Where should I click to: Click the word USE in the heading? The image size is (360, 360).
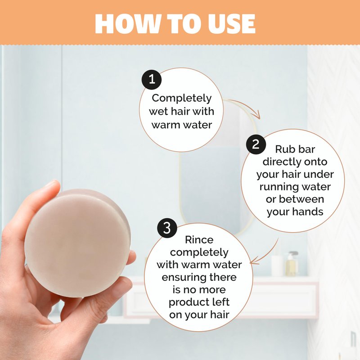[231, 24]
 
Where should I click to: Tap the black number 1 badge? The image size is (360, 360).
[152, 80]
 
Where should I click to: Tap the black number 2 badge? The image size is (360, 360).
[256, 144]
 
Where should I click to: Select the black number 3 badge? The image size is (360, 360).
[167, 228]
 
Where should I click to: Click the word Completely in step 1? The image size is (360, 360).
[181, 98]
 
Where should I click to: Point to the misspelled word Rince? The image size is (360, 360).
[199, 240]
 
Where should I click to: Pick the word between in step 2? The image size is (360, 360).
[301, 199]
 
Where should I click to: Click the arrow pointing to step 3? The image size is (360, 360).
[266, 253]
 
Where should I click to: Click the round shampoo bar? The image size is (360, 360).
[77, 243]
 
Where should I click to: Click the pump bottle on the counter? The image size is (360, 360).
[292, 264]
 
